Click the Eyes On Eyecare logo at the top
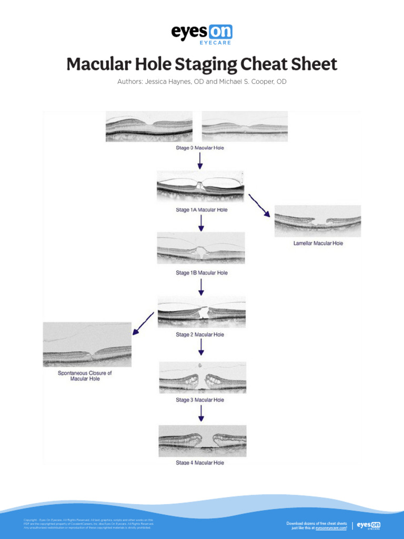click(x=201, y=35)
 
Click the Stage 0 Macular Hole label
click(x=200, y=148)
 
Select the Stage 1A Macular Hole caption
click(x=201, y=210)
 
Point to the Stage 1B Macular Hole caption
click(x=201, y=273)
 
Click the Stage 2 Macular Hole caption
click(x=200, y=335)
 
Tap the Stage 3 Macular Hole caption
click(x=200, y=400)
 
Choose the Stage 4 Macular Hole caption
click(x=200, y=463)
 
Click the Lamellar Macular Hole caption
click(x=318, y=244)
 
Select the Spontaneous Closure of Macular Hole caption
click(x=85, y=376)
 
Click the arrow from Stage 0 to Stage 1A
click(x=200, y=161)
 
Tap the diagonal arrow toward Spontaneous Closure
click(x=143, y=324)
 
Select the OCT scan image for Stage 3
click(x=203, y=378)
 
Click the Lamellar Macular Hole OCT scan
click(x=318, y=221)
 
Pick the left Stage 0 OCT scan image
click(x=149, y=126)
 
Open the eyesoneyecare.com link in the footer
click(x=331, y=528)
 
